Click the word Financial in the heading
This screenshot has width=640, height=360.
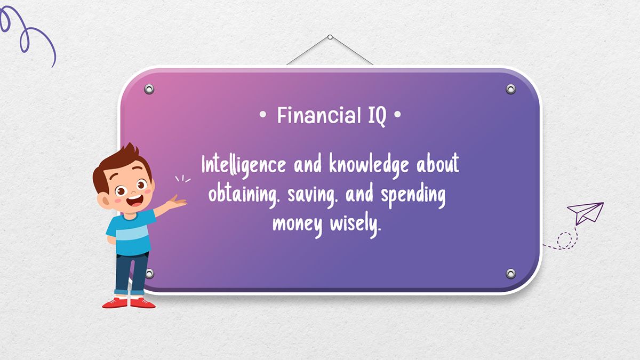click(x=319, y=115)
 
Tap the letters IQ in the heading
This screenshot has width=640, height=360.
click(x=377, y=117)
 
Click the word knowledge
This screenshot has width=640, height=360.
click(x=369, y=166)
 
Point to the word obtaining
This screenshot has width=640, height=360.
click(x=243, y=195)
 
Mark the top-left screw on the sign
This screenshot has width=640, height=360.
click(x=149, y=89)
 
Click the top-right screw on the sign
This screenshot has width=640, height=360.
click(x=510, y=89)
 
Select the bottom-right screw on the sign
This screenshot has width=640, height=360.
click(x=510, y=274)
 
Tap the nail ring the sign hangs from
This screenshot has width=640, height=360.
click(x=330, y=37)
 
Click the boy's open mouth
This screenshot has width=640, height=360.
click(x=135, y=201)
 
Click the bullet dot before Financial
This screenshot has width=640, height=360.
click(x=262, y=115)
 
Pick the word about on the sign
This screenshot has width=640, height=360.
click(x=437, y=163)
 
